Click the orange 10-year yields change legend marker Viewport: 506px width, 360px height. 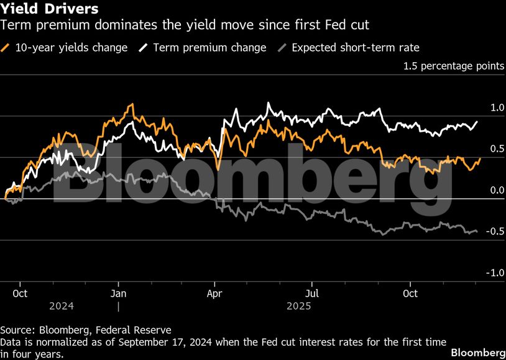point(6,47)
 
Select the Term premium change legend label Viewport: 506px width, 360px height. point(209,47)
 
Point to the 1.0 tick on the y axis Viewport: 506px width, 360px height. point(497,108)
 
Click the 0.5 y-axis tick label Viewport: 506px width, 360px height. point(497,149)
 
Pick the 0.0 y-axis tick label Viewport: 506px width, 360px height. point(497,190)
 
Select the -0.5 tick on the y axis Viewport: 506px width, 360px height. point(495,231)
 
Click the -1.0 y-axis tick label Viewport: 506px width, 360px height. point(495,273)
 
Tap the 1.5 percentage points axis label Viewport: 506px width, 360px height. point(454,66)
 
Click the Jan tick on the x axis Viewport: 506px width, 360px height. point(118,293)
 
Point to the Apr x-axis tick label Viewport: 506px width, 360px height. point(215,293)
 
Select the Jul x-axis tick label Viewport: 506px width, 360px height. point(312,293)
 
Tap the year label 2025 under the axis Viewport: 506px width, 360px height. point(298,306)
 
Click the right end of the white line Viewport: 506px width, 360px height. point(477,121)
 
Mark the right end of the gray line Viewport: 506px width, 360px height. point(477,231)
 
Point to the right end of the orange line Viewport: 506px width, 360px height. point(480,159)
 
